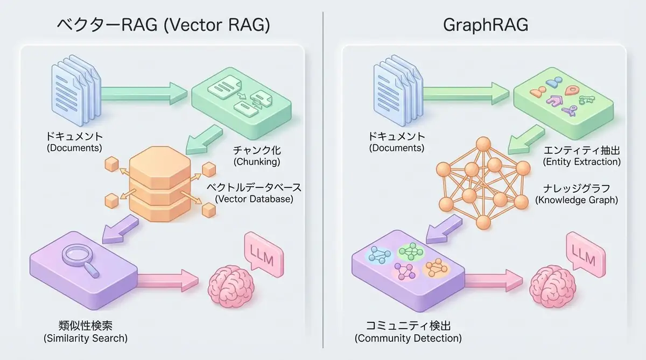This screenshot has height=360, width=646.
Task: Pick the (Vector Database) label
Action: (254, 199)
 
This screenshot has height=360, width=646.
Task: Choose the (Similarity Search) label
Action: (86, 338)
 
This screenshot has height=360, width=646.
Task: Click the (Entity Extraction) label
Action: (582, 161)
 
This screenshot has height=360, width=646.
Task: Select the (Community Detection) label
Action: (408, 338)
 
